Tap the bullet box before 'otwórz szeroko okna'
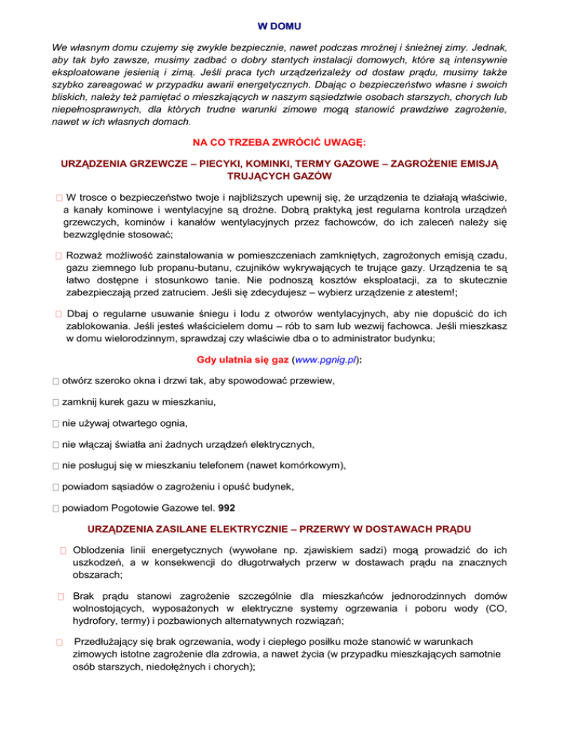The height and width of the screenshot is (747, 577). (56, 382)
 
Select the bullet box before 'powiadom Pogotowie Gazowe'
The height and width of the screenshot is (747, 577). (56, 507)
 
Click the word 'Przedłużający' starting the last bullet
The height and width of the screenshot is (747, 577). (107, 641)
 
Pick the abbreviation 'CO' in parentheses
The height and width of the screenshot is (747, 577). (491, 609)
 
